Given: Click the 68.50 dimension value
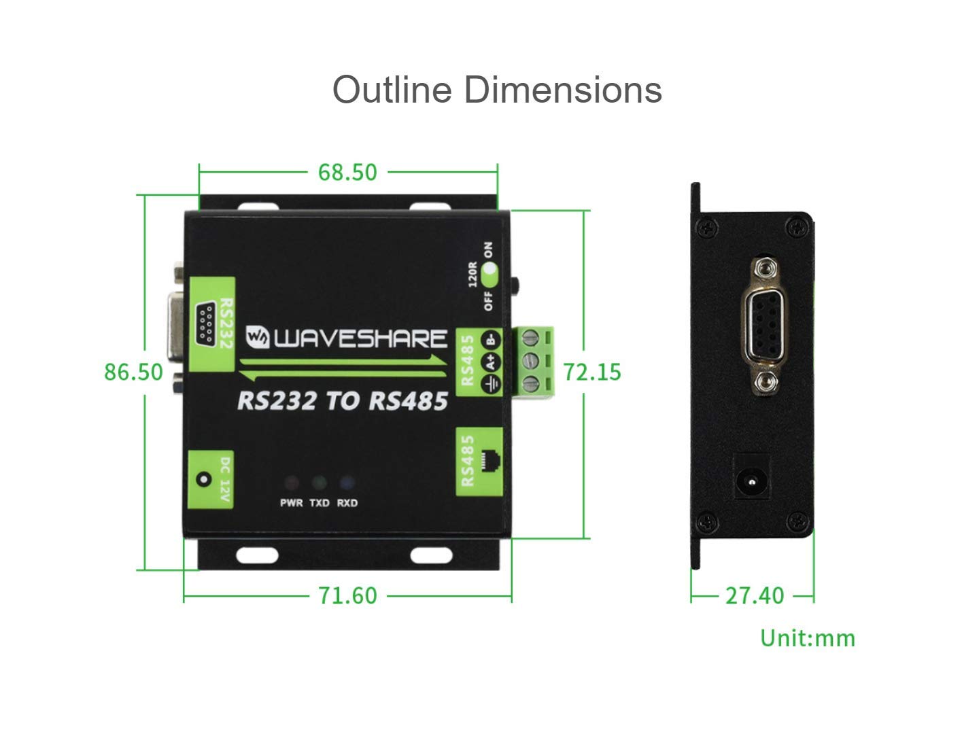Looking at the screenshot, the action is click(347, 173).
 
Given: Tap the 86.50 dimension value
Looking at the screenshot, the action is click(133, 372).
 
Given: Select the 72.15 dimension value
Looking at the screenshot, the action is click(592, 372).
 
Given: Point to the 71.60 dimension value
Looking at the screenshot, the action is click(347, 596).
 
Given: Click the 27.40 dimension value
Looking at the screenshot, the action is click(755, 596).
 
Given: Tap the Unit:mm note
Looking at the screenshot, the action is click(808, 638).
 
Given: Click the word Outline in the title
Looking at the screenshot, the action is click(392, 90).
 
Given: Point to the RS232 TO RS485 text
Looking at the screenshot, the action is click(343, 401).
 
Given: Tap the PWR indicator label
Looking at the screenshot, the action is click(291, 503).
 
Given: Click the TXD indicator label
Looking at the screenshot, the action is click(320, 503).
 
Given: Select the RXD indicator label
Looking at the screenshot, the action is click(347, 503).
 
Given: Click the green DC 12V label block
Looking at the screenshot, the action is click(211, 480).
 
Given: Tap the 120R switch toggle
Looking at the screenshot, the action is click(489, 277).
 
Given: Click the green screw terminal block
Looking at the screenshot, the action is click(533, 362).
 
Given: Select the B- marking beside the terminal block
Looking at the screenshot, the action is click(491, 340).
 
